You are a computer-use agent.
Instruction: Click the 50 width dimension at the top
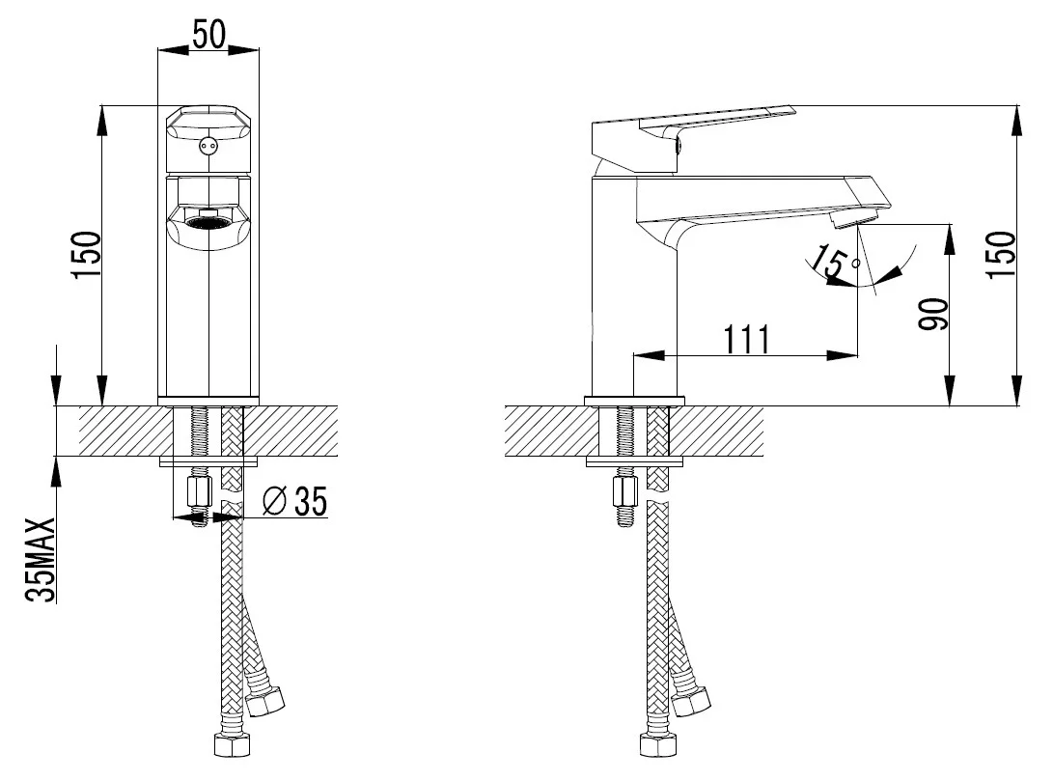[208, 34]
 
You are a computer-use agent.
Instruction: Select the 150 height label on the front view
[87, 255]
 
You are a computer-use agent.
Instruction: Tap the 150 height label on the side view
[1000, 255]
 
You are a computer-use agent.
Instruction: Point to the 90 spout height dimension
[933, 315]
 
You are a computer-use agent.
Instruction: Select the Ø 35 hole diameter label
[294, 501]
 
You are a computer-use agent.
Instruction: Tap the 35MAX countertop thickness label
[40, 559]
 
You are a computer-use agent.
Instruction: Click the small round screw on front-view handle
[208, 145]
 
